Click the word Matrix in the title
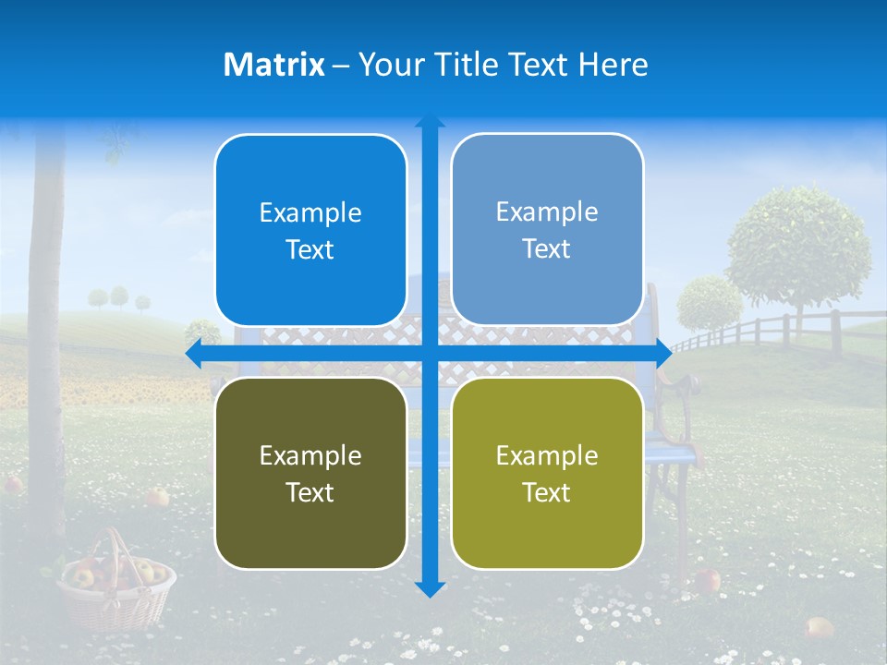[274, 65]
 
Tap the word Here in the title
[613, 65]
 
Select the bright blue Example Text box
[310, 230]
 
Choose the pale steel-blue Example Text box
[547, 229]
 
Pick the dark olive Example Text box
[310, 473]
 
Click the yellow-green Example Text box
[547, 473]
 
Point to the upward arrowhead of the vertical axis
[430, 121]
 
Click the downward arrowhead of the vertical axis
[430, 588]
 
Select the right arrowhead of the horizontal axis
[663, 354]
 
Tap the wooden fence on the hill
[785, 331]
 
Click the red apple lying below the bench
[708, 580]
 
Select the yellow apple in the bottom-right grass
[818, 628]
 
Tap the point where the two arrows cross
[430, 354]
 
